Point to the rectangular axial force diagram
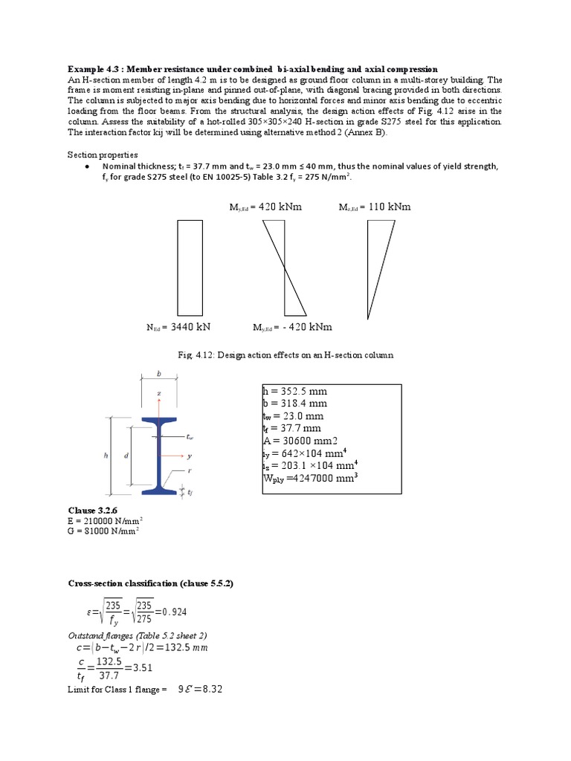[190, 268]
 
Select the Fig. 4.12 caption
[285, 355]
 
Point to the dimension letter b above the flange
[158, 375]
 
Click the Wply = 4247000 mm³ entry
[311, 479]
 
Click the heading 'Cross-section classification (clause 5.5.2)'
[151, 584]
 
